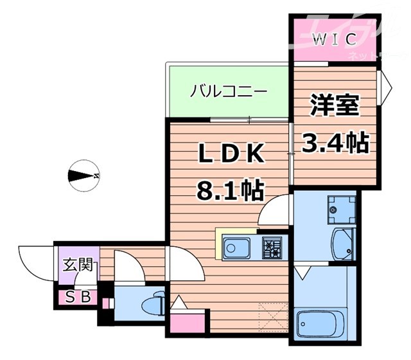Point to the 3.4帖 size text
(x=335, y=141)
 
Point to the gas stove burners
(x=270, y=247)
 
